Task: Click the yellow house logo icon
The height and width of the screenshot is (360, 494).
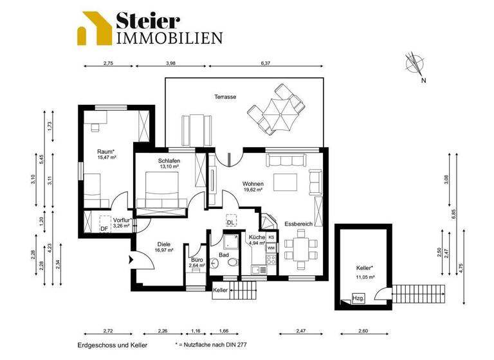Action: pyautogui.click(x=94, y=28)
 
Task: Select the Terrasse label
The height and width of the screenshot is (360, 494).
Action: pyautogui.click(x=225, y=96)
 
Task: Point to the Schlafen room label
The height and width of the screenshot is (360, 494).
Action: pyautogui.click(x=169, y=161)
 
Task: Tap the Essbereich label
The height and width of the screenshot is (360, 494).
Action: pyautogui.click(x=298, y=224)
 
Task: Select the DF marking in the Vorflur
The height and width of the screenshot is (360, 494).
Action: pyautogui.click(x=104, y=228)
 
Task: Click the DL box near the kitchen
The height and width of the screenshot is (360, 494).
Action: pyautogui.click(x=230, y=222)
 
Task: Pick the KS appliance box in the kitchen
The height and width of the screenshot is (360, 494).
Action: pyautogui.click(x=271, y=237)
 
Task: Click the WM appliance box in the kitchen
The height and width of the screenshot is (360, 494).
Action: pyautogui.click(x=271, y=248)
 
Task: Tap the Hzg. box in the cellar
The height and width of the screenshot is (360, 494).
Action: pyautogui.click(x=358, y=298)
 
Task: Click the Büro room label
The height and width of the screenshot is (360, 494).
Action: pyautogui.click(x=197, y=260)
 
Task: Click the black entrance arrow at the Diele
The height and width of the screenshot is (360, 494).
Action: pyautogui.click(x=133, y=260)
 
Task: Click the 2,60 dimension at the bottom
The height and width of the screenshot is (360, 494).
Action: pyautogui.click(x=363, y=332)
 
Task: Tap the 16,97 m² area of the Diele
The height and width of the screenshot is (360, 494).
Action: pyautogui.click(x=162, y=250)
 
